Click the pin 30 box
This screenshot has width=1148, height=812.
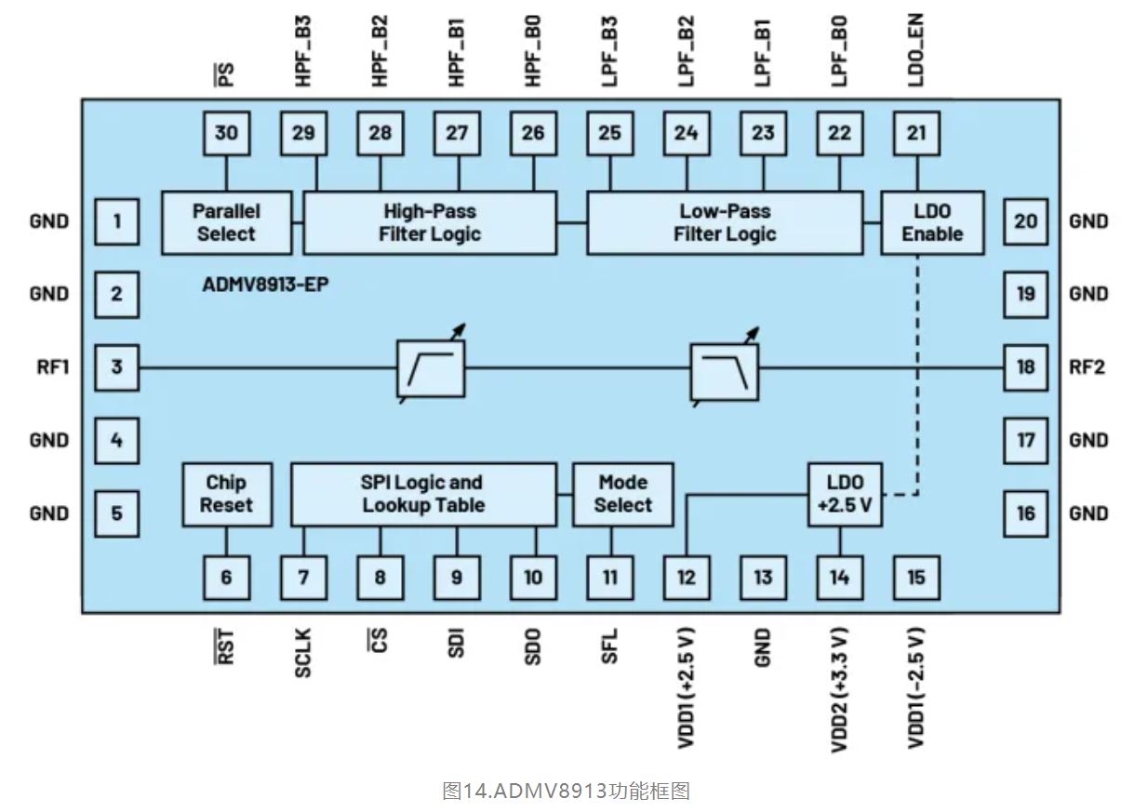click(x=226, y=133)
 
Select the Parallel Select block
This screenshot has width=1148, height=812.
click(x=226, y=222)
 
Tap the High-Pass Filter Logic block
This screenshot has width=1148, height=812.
click(x=430, y=222)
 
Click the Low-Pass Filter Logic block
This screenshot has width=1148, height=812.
click(x=725, y=222)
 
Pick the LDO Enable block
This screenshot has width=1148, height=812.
click(x=932, y=222)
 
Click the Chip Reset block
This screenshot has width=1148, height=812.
click(x=226, y=494)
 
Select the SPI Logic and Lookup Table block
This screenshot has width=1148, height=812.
click(x=423, y=494)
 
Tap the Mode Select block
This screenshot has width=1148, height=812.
click(x=622, y=494)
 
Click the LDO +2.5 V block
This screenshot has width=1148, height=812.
click(x=845, y=494)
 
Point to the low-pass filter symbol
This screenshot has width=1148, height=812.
click(x=724, y=369)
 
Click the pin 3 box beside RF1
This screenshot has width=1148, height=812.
click(x=116, y=366)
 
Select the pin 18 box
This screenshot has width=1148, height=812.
click(x=1025, y=366)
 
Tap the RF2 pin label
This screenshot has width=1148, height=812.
click(x=1087, y=366)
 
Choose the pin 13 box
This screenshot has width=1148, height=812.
click(x=763, y=578)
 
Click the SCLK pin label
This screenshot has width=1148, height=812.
click(x=303, y=652)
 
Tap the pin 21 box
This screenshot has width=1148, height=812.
click(x=916, y=133)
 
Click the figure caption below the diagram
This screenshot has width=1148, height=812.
click(x=566, y=792)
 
